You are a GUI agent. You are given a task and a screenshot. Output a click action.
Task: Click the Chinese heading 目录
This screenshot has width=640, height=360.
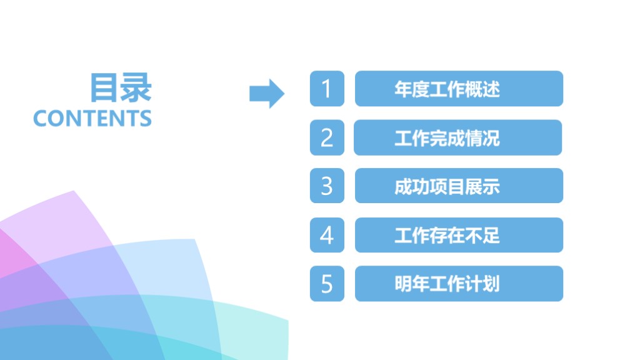121,87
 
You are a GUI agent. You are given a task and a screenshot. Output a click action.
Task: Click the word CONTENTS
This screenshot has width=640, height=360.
92,118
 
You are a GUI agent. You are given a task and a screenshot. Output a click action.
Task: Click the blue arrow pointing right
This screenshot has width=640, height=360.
267,94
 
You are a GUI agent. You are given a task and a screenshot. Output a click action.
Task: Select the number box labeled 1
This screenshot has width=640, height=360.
327,89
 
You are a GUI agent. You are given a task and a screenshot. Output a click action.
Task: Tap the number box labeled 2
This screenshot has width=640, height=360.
327,137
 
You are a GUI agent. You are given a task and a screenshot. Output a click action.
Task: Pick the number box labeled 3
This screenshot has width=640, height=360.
327,186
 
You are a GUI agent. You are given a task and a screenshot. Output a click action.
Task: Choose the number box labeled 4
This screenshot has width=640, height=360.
327,235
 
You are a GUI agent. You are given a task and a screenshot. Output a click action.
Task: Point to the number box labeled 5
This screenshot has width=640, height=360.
327,284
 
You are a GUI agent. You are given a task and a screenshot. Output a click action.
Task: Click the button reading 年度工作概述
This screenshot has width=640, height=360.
459,89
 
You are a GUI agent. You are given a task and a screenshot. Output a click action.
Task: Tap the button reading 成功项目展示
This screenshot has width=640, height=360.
459,186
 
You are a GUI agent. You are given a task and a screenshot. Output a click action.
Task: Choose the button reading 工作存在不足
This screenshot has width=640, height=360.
459,235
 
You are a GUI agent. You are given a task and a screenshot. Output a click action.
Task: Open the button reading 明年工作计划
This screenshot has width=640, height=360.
459,284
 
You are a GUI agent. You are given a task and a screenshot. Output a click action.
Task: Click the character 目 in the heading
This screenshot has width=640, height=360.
105,87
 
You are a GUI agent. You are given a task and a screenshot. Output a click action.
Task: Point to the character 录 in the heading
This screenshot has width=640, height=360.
136,87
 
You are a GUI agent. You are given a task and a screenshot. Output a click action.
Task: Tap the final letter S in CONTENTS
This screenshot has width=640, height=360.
146,118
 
